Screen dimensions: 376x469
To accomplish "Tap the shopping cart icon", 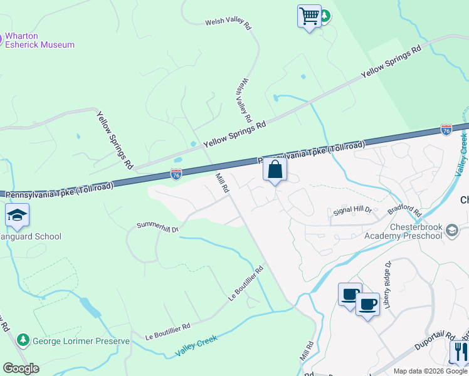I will [309, 16].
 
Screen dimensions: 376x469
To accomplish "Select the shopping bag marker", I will [275, 169].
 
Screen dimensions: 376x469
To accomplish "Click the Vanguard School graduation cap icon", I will [17, 216].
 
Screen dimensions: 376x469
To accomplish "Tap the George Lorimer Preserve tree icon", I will [23, 340].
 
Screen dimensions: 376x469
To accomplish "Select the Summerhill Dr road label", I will [158, 226].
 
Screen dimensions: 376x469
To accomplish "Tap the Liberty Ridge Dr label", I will [389, 284].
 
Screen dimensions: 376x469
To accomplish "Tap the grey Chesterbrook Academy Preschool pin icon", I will [451, 232].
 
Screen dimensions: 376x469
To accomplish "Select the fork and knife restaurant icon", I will [459, 352].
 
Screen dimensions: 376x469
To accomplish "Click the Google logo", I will [21, 368].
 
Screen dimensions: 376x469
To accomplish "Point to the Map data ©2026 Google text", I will [430, 371].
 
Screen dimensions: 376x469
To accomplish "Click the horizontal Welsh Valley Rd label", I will [228, 24].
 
